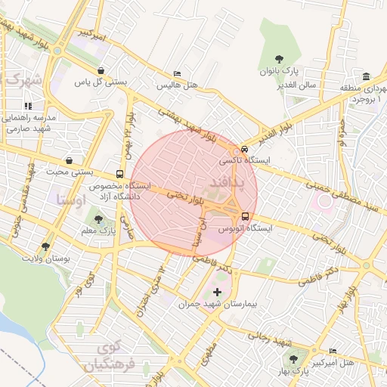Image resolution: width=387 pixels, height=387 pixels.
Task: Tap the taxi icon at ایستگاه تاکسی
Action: [243, 149]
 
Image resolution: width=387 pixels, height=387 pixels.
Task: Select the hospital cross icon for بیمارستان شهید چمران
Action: [218, 292]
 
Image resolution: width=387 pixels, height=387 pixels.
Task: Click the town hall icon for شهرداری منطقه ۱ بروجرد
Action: [366, 76]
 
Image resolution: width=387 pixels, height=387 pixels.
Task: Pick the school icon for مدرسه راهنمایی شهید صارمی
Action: [28, 107]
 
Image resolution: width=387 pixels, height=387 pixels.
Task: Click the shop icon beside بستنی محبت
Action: [70, 160]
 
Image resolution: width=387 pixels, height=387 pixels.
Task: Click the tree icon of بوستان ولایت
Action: [46, 246]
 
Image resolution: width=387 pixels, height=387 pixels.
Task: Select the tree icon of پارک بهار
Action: [293, 360]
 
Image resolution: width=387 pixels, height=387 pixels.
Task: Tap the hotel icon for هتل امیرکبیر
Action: [334, 352]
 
